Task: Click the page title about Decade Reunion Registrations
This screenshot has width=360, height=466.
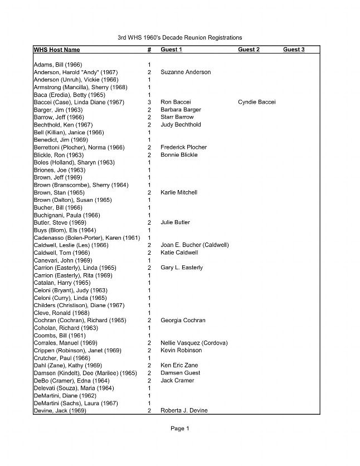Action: pyautogui.click(x=179, y=37)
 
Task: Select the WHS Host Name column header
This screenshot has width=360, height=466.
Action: pyautogui.click(x=56, y=50)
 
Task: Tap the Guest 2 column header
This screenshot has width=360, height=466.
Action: pyautogui.click(x=249, y=50)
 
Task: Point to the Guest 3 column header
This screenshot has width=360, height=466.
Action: pyautogui.click(x=294, y=50)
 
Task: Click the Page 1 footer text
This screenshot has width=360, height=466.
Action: pyautogui.click(x=180, y=429)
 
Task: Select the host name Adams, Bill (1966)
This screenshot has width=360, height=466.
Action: pyautogui.click(x=57, y=65)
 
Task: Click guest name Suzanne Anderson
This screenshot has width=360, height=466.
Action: pyautogui.click(x=186, y=72)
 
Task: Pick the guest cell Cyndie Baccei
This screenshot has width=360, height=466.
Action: pyautogui.click(x=256, y=103)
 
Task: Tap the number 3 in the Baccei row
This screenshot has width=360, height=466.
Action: pyautogui.click(x=149, y=103)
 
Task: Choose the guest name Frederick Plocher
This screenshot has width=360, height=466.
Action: pyautogui.click(x=183, y=148)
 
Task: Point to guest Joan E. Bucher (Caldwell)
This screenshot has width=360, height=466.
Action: pyautogui.click(x=194, y=245)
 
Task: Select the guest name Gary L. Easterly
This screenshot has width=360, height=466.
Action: pyautogui.click(x=182, y=268)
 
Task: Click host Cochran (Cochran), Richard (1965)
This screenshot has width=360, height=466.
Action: pyautogui.click(x=80, y=321)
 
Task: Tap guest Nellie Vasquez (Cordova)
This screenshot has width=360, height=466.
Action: pyautogui.click(x=194, y=343)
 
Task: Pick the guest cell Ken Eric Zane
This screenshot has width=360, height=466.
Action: pyautogui.click(x=178, y=366)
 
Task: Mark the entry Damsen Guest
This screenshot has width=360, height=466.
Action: pyautogui.click(x=180, y=373)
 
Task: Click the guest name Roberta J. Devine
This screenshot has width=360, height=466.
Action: pyautogui.click(x=184, y=411)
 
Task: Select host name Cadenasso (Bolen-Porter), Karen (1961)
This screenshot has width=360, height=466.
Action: pyautogui.click(x=86, y=238)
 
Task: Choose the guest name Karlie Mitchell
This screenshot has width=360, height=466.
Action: pyautogui.click(x=179, y=193)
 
